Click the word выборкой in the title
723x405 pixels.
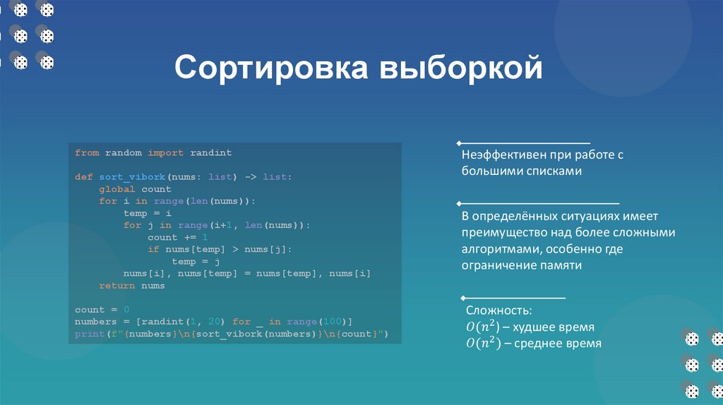(x=461, y=69)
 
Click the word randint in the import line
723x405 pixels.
(x=210, y=152)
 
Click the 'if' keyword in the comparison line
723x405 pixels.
(x=153, y=249)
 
